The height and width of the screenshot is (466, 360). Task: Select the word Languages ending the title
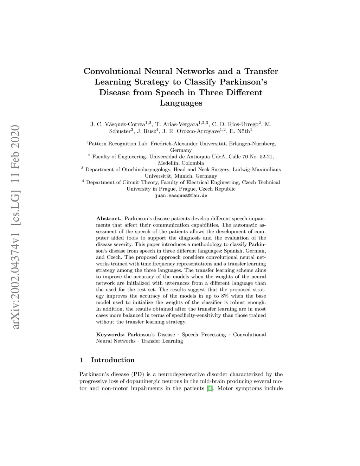tap(181, 103)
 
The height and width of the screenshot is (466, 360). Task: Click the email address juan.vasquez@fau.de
tap(181, 196)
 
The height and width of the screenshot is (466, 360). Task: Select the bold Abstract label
tap(109, 218)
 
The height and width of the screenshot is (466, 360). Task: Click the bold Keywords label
tap(110, 334)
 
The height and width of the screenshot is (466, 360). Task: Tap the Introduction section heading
tap(112, 360)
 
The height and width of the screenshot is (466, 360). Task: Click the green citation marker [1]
tap(210, 389)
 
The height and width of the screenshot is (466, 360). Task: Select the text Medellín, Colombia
tap(181, 163)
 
